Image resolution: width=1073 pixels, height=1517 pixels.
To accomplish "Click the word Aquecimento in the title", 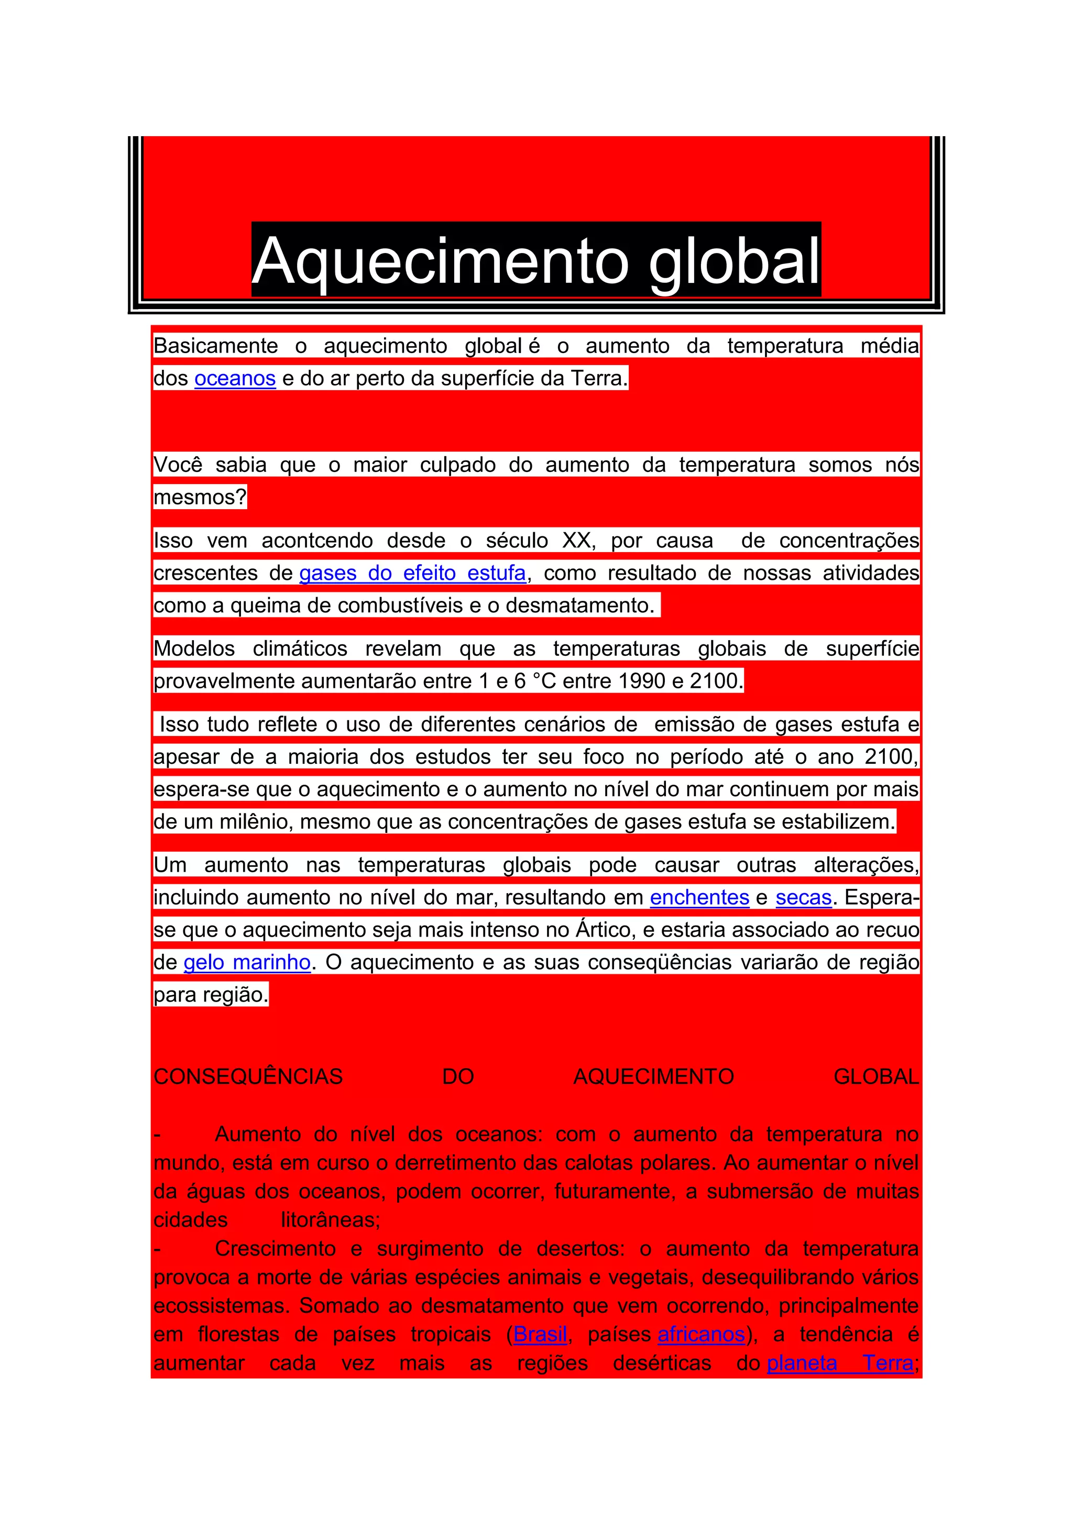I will [441, 260].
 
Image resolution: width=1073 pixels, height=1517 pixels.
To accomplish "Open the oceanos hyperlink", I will [235, 379].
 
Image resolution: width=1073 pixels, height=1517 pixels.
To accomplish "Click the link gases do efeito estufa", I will [412, 573].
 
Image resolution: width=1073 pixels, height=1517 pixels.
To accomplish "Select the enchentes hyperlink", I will [699, 897].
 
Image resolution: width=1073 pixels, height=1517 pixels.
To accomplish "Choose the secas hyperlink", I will [803, 897].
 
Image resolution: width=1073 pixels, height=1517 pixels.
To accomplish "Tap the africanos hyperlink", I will [701, 1334].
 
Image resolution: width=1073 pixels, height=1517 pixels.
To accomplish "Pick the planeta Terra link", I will [840, 1363].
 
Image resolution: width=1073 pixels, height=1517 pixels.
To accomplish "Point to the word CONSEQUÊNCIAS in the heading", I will [248, 1076].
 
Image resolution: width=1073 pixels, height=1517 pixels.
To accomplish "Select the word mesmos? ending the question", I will [200, 497].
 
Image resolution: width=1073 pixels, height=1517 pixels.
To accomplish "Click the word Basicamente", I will [215, 346].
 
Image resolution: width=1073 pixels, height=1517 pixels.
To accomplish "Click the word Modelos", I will [194, 648].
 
